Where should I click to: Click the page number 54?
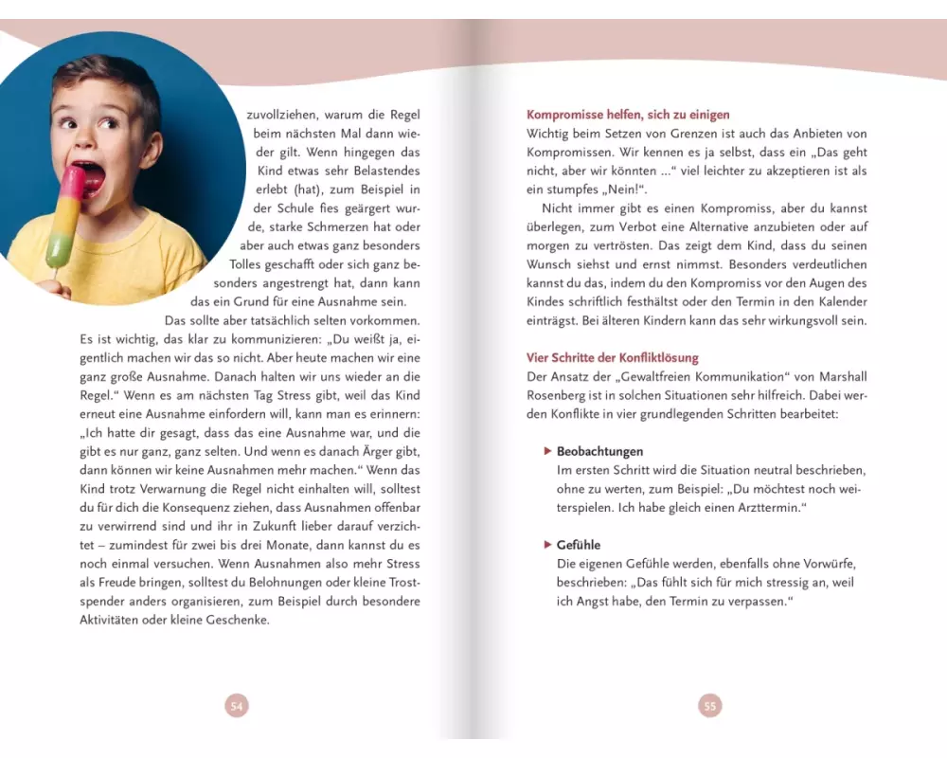238,705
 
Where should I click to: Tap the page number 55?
710,705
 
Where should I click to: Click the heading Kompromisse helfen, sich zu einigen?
628,115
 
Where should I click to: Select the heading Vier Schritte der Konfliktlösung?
613,357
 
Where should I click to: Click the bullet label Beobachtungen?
599,452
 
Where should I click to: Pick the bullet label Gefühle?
579,545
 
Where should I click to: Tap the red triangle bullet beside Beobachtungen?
547,452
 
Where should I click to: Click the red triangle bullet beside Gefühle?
547,545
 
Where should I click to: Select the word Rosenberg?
555,395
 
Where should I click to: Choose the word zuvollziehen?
288,116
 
